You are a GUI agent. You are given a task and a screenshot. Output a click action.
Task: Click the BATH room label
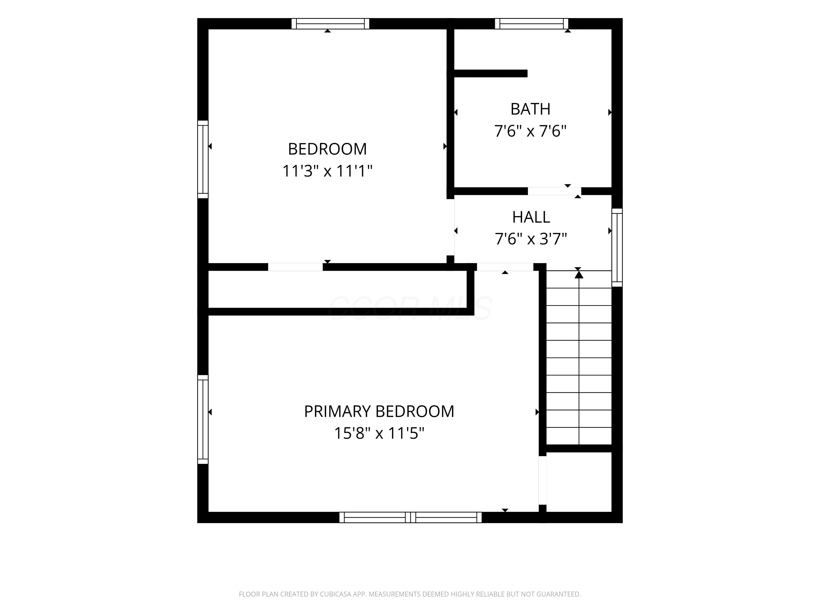click(531, 109)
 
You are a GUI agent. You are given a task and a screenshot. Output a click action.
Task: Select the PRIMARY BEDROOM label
click(379, 411)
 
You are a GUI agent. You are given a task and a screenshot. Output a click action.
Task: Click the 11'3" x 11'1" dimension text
click(327, 171)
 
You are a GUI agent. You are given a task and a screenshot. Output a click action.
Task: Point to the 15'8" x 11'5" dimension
click(379, 433)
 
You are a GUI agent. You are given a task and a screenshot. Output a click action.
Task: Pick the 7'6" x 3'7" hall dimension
click(531, 239)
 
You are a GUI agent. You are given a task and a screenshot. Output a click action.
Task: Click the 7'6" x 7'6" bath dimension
click(531, 131)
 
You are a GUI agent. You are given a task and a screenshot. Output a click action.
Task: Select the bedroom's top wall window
click(330, 24)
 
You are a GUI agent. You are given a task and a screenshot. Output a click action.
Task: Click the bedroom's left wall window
click(203, 159)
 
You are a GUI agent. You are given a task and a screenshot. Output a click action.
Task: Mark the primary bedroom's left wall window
click(203, 419)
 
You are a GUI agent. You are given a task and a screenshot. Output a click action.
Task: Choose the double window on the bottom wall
click(410, 517)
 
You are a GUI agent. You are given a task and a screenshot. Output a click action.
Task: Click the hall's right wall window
click(617, 247)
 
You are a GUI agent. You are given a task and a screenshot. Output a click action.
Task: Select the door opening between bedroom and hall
click(450, 227)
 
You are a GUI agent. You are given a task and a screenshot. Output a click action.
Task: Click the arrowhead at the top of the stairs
click(579, 274)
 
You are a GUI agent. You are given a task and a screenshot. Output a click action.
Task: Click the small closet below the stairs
click(579, 482)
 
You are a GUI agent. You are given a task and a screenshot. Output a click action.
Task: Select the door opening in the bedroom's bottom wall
click(295, 267)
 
